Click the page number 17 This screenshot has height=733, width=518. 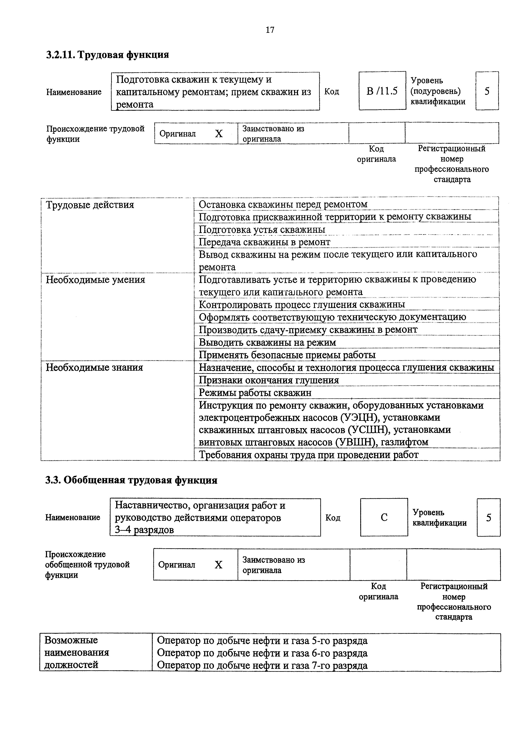pyautogui.click(x=270, y=30)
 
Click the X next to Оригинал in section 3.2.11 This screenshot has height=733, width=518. pyautogui.click(x=219, y=134)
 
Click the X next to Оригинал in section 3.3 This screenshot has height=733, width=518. pyautogui.click(x=218, y=565)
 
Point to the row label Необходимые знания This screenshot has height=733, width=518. pyautogui.click(x=94, y=368)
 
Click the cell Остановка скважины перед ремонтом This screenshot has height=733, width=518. pyautogui.click(x=283, y=204)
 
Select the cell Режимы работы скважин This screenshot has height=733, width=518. pyautogui.click(x=255, y=393)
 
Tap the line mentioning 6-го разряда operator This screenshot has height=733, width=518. pyautogui.click(x=262, y=653)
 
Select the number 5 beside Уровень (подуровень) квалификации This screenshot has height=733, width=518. pyautogui.click(x=487, y=92)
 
